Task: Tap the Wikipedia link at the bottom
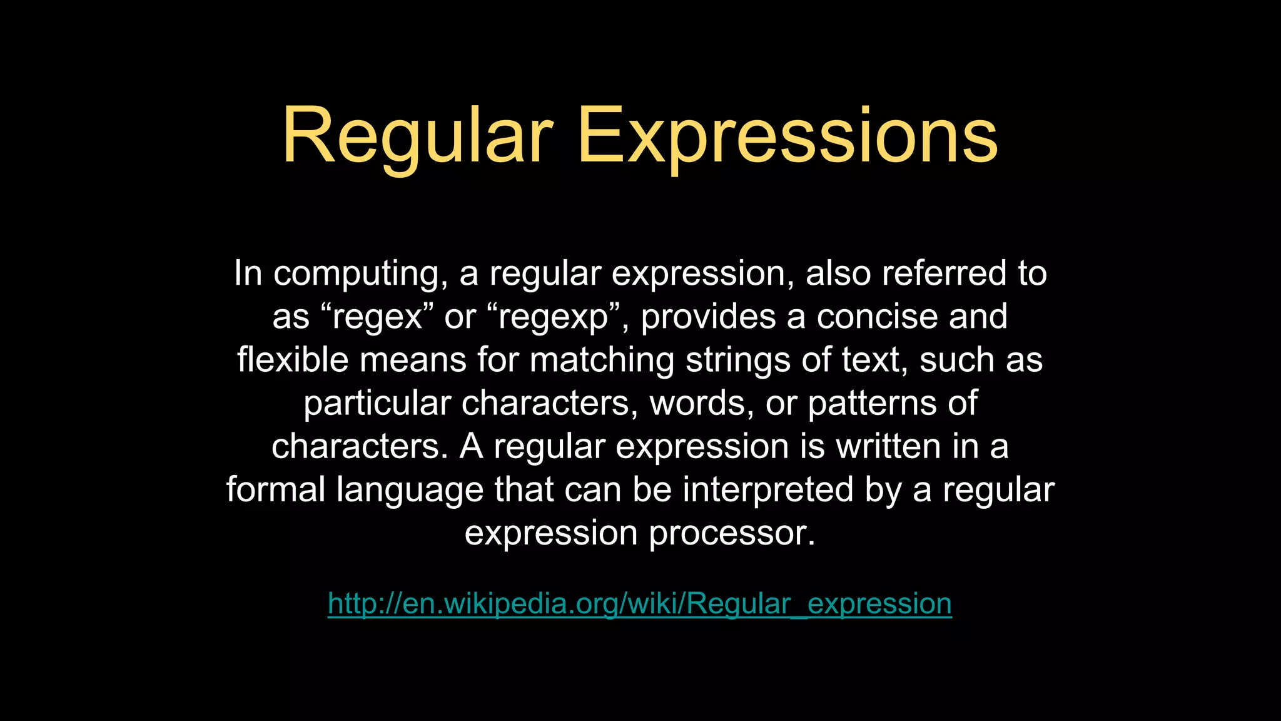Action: (639, 603)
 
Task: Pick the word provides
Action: (709, 317)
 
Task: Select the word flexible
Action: (293, 360)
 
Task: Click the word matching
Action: (602, 360)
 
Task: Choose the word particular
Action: (377, 403)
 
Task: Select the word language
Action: (410, 489)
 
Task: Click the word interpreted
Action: (767, 489)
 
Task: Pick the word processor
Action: (732, 533)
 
